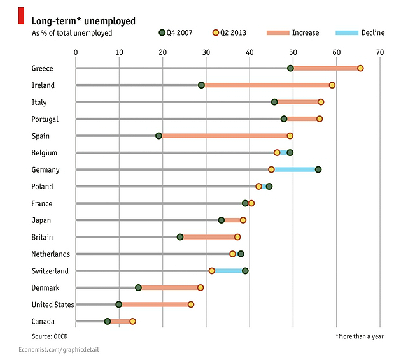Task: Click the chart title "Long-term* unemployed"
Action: (x=83, y=20)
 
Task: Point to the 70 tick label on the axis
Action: (x=380, y=52)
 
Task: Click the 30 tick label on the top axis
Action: (x=206, y=52)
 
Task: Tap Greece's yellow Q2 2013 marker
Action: (x=360, y=68)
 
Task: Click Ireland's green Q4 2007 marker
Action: (x=201, y=85)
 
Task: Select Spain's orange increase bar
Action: (x=224, y=136)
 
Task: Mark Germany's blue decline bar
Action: (x=295, y=169)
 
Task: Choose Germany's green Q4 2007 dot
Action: (x=318, y=169)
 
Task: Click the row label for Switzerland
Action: (x=50, y=271)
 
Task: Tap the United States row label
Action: (x=53, y=305)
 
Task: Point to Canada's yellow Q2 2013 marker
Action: (x=132, y=321)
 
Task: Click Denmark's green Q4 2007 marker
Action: (x=138, y=287)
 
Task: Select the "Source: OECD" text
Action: (x=50, y=335)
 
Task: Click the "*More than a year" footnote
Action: (x=360, y=335)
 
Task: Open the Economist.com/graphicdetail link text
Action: (x=59, y=350)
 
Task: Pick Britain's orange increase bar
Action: (x=209, y=237)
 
